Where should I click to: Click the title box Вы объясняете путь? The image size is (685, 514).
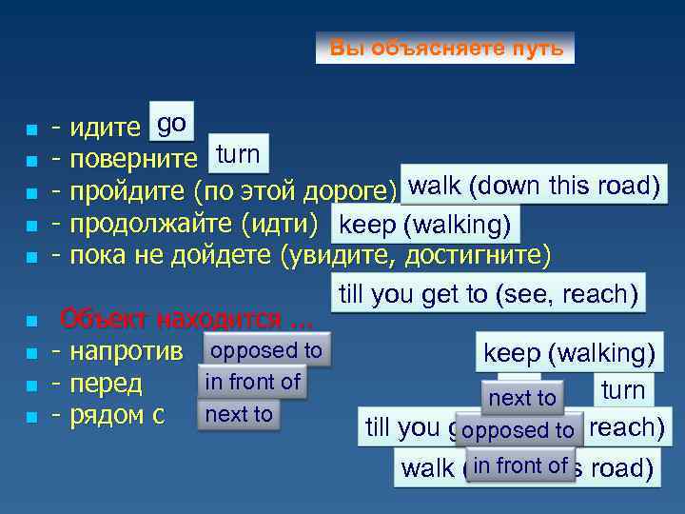pyautogui.click(x=445, y=48)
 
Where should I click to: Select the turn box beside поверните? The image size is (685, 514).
pyautogui.click(x=238, y=154)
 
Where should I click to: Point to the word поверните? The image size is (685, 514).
pyautogui.click(x=134, y=158)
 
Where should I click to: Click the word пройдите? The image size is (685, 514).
pyautogui.click(x=128, y=191)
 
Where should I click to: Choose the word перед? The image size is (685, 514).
pyautogui.click(x=107, y=385)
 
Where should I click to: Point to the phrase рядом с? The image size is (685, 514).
pyautogui.click(x=118, y=416)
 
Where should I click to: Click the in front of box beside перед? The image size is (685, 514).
pyautogui.click(x=252, y=382)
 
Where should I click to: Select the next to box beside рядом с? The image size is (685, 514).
pyautogui.click(x=239, y=414)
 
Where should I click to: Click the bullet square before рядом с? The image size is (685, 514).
pyautogui.click(x=32, y=418)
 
